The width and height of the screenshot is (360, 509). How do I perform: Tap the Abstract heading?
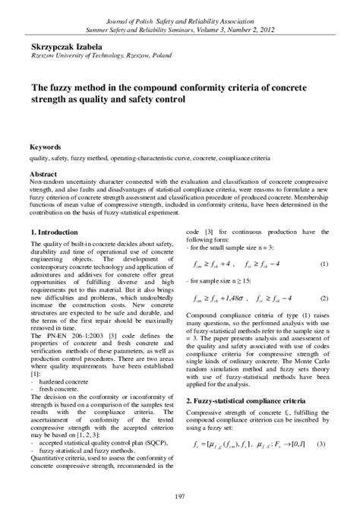pyautogui.click(x=43, y=173)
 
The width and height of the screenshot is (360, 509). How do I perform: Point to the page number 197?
pyautogui.click(x=180, y=497)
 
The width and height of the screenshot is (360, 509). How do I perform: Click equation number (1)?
pyautogui.click(x=324, y=264)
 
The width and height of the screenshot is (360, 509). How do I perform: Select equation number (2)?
pyautogui.click(x=324, y=299)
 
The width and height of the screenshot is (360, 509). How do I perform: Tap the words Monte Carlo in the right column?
pyautogui.click(x=307, y=365)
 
